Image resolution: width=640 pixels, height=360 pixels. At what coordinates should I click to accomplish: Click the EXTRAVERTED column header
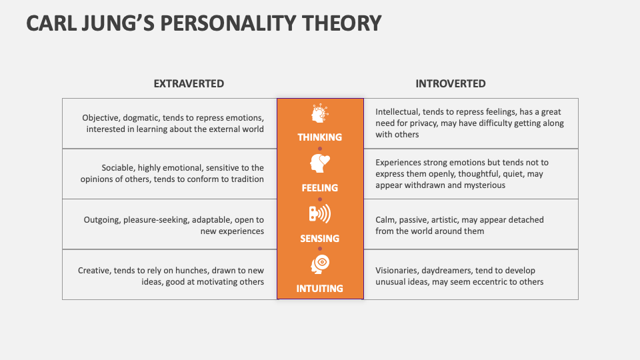(x=189, y=84)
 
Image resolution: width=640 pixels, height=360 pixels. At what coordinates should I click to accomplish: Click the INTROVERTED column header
(x=451, y=84)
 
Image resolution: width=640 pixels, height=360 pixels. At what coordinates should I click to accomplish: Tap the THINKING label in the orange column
(x=319, y=137)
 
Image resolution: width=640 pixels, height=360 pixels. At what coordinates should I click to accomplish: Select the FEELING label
(x=319, y=188)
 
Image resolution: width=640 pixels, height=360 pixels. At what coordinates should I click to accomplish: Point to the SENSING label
(x=319, y=239)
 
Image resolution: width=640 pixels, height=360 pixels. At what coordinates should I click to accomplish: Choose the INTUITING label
(x=319, y=289)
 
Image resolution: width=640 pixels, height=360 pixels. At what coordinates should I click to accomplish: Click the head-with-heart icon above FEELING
(x=319, y=163)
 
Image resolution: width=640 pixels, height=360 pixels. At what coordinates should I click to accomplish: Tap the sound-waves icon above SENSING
(x=319, y=214)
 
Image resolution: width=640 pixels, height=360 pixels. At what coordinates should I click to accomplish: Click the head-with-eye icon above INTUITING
(x=320, y=264)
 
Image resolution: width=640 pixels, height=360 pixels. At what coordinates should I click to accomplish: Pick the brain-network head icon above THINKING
(x=319, y=113)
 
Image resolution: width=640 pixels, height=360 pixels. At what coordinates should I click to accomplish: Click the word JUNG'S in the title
(x=119, y=23)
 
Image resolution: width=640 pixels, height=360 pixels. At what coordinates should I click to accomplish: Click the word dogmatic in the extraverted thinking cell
(x=141, y=118)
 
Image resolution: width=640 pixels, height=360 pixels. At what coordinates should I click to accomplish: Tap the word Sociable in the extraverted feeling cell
(x=117, y=168)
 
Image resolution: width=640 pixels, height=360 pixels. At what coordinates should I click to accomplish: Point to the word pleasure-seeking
(x=156, y=220)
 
